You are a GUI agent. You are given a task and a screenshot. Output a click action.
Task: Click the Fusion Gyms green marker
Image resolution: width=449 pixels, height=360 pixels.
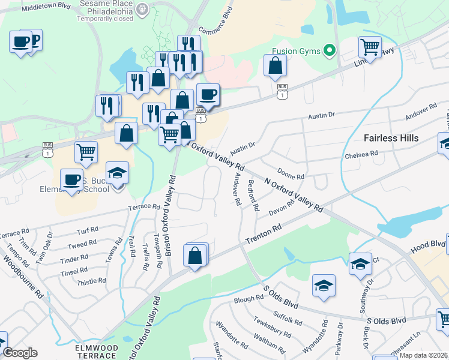(x=328, y=51)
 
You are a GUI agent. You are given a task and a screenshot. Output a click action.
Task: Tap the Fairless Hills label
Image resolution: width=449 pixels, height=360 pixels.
(x=391, y=138)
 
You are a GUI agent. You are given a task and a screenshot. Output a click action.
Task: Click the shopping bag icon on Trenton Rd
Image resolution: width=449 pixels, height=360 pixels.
(x=196, y=256)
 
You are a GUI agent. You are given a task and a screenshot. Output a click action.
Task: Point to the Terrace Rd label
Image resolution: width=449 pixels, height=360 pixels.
(x=144, y=207)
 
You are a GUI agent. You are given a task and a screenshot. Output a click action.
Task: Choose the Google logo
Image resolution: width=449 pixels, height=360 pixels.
(x=20, y=353)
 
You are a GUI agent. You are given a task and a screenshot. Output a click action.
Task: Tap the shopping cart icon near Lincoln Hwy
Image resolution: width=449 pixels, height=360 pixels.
(x=370, y=47)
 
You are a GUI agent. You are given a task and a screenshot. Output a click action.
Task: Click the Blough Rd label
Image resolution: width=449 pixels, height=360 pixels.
(x=249, y=298)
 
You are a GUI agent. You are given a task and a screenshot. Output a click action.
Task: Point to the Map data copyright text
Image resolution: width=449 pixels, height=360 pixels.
(x=423, y=355)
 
